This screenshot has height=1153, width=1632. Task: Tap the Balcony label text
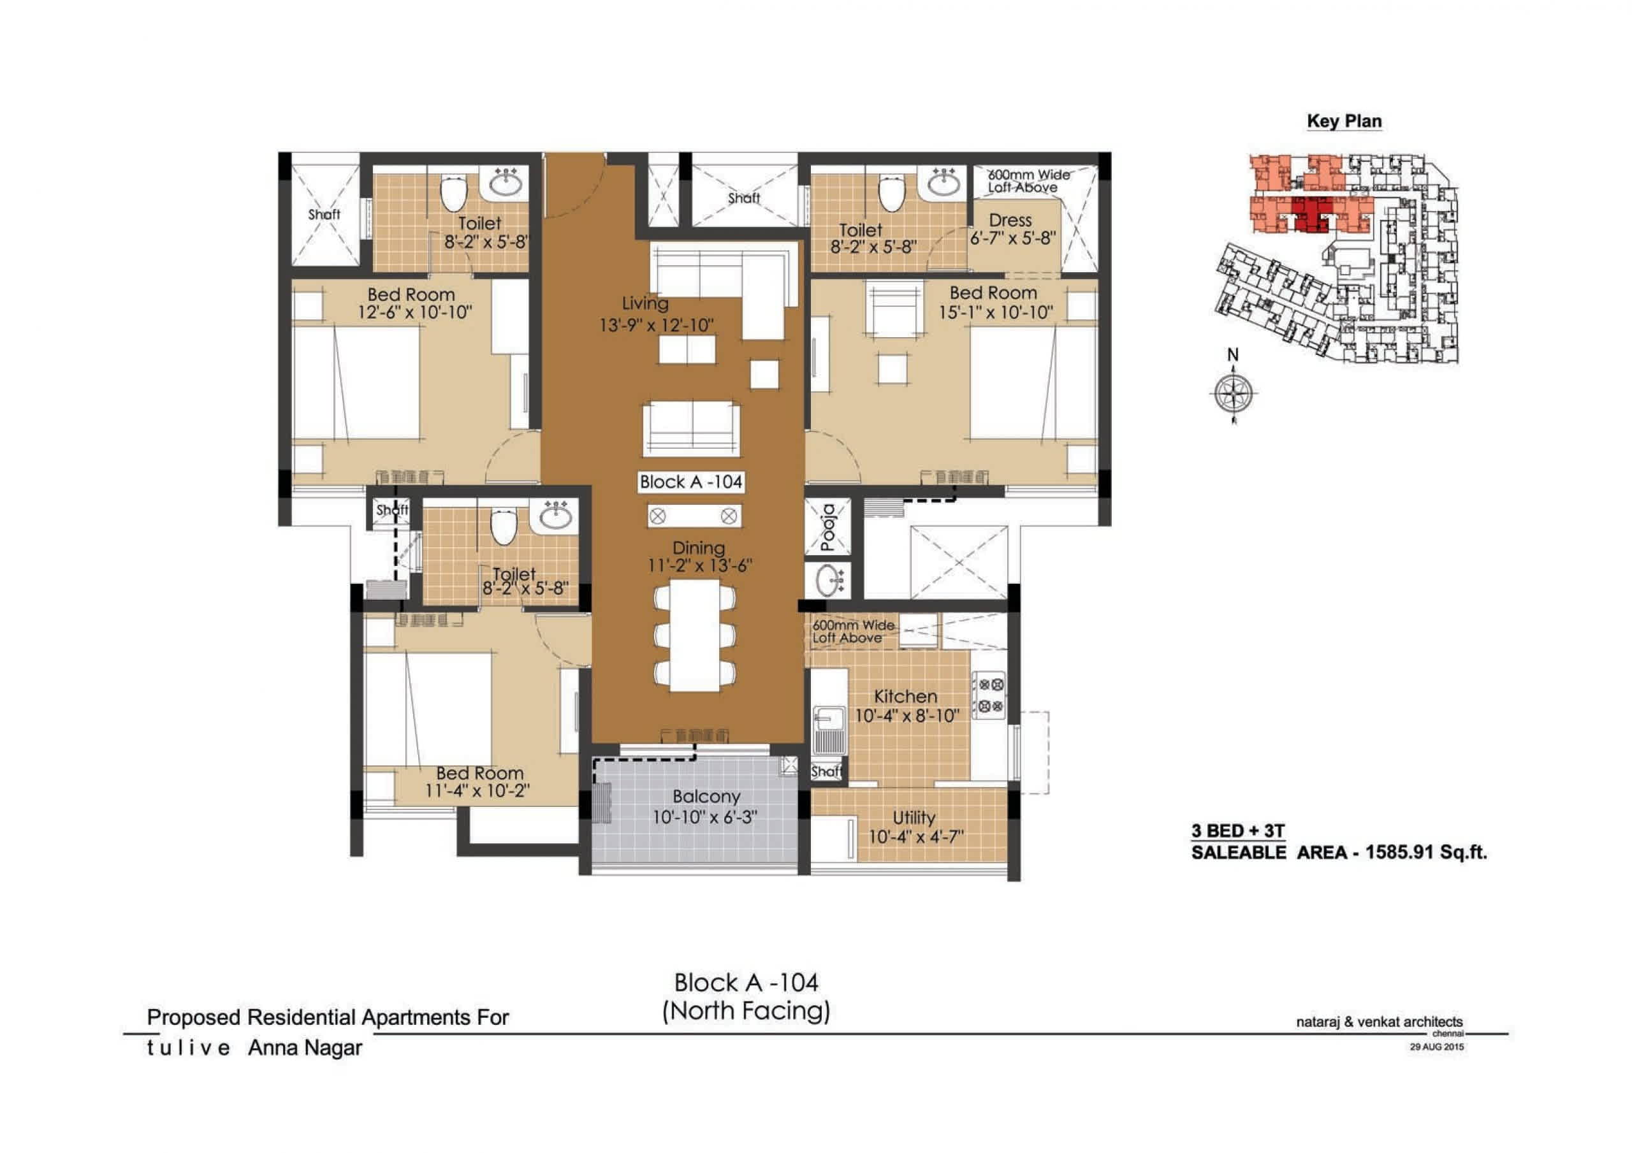point(706,796)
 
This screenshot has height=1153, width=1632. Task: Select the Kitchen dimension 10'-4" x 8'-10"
point(907,716)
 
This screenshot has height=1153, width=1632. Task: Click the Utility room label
point(914,818)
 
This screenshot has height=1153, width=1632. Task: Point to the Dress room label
point(1010,221)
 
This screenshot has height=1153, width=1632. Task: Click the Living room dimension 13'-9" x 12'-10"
point(656,326)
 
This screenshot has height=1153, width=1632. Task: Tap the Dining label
point(699,548)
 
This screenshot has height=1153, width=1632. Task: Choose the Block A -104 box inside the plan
point(691,482)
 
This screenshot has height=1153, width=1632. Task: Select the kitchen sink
point(828,729)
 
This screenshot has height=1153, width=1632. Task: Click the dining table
point(694,635)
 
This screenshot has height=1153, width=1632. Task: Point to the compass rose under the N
point(1233,393)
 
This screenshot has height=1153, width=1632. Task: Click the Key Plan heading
point(1344,121)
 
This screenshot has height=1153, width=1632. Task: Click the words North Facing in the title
point(747,1010)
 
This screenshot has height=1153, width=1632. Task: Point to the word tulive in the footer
point(188,1048)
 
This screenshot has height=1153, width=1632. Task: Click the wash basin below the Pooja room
point(828,581)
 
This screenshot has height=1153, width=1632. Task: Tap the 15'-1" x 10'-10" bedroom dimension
point(995,312)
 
